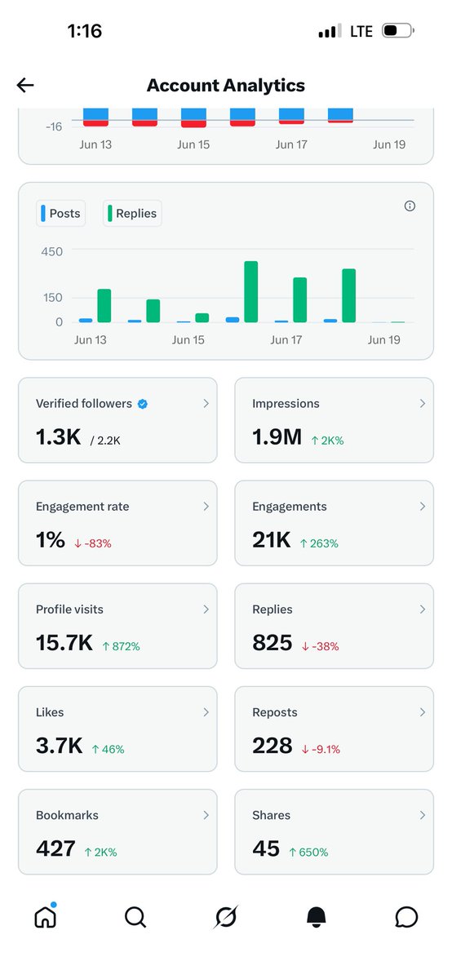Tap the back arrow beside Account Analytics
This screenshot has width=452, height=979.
[25, 85]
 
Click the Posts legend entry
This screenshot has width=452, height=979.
[60, 213]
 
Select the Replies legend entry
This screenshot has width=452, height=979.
[132, 213]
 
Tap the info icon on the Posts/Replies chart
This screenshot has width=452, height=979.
[410, 206]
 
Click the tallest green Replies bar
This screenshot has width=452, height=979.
[251, 291]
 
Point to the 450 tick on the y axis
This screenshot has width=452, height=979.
[52, 252]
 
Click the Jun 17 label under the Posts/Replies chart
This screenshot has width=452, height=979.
[286, 340]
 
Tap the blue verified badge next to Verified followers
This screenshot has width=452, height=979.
[143, 404]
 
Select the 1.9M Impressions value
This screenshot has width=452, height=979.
[277, 436]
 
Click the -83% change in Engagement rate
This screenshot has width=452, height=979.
[93, 543]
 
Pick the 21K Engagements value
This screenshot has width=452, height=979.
[272, 540]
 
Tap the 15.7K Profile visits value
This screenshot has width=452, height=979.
[64, 643]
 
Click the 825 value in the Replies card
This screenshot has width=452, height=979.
[273, 643]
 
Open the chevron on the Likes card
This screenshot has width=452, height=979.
[206, 712]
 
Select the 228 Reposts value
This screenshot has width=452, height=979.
[273, 746]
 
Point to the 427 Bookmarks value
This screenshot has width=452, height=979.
[56, 848]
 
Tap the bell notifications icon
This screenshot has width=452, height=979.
[316, 916]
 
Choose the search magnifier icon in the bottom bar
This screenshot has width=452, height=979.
[135, 917]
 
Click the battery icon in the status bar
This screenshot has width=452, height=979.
[398, 31]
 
